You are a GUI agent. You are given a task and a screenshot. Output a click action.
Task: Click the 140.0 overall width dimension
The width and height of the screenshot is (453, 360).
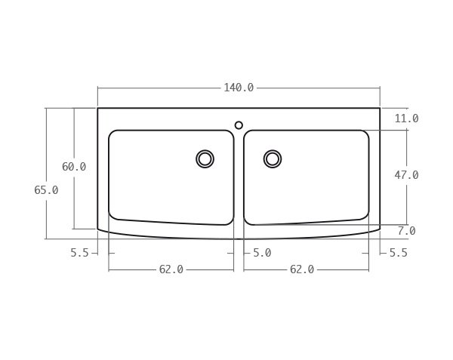pos(239,88)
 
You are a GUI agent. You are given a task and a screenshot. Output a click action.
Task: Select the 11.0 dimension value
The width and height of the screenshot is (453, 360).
pos(406,118)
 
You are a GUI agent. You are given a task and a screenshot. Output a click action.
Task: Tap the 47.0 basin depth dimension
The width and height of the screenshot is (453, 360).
pos(406,175)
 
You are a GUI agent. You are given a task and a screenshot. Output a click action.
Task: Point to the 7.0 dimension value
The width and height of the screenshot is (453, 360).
pos(406,231)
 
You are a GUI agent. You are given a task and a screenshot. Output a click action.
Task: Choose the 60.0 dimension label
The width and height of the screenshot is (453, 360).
pos(74,167)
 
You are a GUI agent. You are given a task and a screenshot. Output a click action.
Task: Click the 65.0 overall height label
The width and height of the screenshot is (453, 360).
pos(46,190)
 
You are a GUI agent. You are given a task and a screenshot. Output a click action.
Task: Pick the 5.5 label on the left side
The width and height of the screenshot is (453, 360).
pos(79,253)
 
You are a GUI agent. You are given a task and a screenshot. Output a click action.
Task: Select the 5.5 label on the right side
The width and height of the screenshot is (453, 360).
pos(399,253)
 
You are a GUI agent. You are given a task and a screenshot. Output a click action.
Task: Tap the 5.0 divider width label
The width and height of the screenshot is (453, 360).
pos(262,253)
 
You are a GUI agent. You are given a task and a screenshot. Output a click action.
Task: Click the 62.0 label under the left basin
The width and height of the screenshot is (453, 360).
pos(171,269)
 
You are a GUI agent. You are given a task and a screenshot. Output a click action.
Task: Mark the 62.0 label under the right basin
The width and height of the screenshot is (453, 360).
pos(302,269)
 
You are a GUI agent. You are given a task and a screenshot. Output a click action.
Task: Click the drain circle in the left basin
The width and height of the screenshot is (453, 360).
pos(205,158)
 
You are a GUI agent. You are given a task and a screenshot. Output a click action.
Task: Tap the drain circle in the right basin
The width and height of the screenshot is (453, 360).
pos(273,158)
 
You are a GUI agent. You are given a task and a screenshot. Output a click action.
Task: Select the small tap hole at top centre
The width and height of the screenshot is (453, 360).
pos(239,125)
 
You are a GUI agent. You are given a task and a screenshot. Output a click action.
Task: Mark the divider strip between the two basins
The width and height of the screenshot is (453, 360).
pos(239,181)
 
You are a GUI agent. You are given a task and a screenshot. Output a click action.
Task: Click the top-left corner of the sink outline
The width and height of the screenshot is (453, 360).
pos(97,108)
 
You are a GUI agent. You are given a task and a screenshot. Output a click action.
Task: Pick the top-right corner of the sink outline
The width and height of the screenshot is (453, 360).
pos(380,108)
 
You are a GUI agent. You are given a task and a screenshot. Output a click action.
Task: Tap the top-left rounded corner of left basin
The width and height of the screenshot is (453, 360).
pos(112,134)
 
